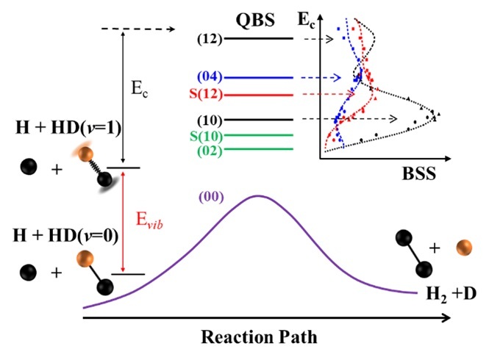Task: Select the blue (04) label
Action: coord(210,77)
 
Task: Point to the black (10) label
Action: coord(210,119)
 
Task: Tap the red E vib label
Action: coord(149,220)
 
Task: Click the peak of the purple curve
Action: coord(257,195)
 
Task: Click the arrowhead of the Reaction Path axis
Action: coord(446,318)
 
